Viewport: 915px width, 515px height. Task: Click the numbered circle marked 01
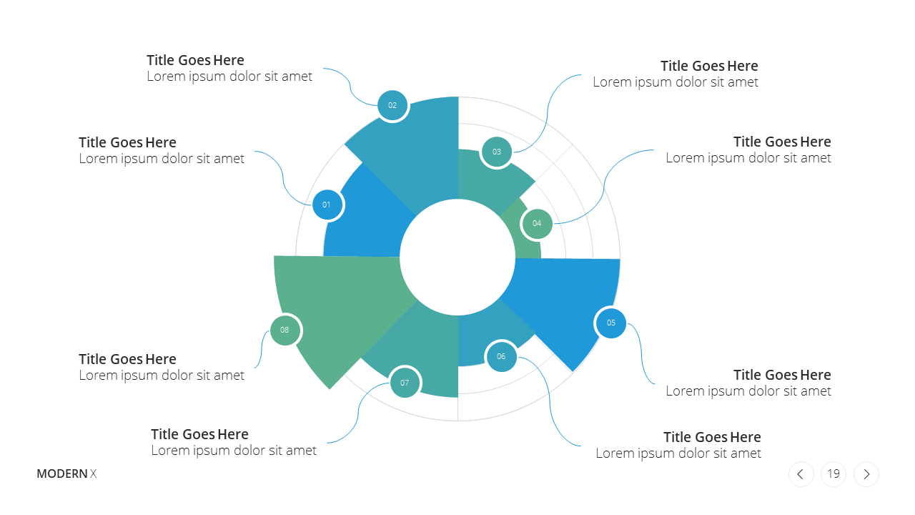(x=327, y=205)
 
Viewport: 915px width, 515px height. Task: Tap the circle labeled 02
(x=392, y=105)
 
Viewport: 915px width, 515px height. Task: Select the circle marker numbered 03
(x=497, y=152)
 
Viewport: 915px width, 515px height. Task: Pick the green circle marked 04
(x=537, y=224)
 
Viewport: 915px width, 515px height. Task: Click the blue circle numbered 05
(x=611, y=323)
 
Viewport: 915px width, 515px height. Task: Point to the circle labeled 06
(x=501, y=356)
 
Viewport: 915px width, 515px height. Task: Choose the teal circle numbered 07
(x=405, y=383)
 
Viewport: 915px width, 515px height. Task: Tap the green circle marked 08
(x=285, y=330)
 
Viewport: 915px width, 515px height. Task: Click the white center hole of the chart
(x=457, y=257)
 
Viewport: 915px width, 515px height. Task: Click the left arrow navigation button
(x=801, y=474)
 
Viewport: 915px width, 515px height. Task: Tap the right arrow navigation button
(x=866, y=474)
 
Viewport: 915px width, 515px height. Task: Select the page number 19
(x=834, y=474)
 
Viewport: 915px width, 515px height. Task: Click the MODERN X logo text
(x=66, y=474)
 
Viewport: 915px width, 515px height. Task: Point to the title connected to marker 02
(x=195, y=61)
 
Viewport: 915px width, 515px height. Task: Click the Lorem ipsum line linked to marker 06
(x=678, y=453)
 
